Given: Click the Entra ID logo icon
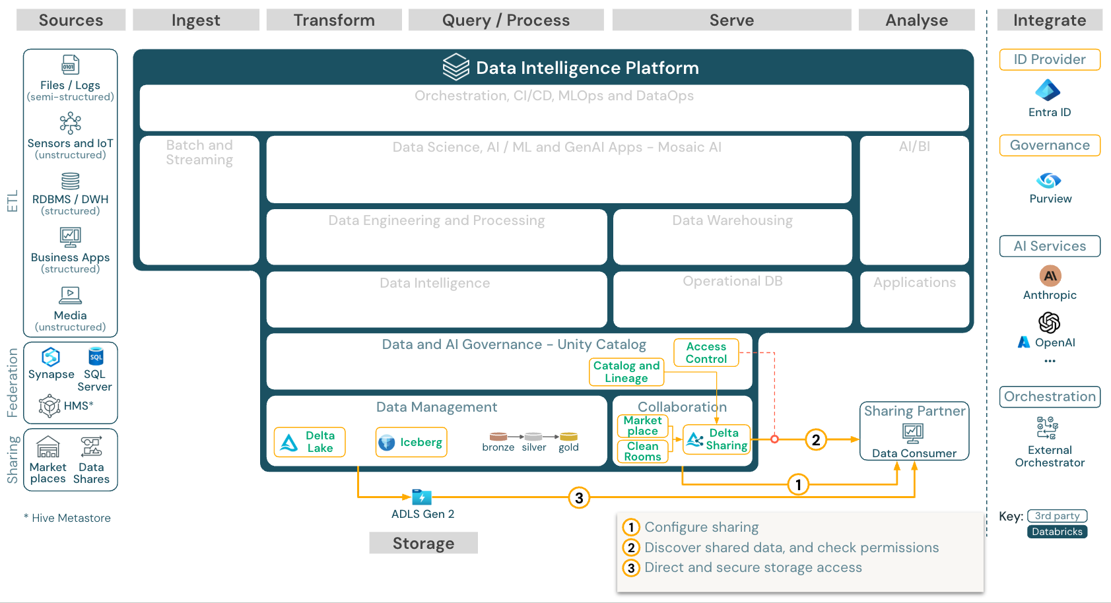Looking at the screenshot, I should coord(1048,90).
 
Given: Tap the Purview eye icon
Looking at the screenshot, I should coord(1048,180).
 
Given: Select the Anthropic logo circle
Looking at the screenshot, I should coord(1050,276).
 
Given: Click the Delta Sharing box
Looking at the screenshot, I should coord(717,439).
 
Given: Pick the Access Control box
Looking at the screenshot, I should coord(706,352).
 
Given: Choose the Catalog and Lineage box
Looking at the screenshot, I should coord(626,372).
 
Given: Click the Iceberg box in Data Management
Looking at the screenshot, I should coord(411,442).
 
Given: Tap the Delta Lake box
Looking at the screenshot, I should coord(310,442).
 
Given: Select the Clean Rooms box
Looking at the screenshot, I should coord(642,451).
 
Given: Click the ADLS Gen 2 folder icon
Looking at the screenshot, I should coord(421,497).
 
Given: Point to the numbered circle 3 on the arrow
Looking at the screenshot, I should coord(579,498).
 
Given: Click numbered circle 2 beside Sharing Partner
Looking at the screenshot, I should coord(816,440).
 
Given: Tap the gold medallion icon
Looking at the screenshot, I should coord(568,437).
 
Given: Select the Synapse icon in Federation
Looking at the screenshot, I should coord(51,357).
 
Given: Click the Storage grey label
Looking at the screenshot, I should coord(423,543).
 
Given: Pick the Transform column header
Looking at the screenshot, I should coord(334,20).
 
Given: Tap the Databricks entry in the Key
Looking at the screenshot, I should coord(1057,532).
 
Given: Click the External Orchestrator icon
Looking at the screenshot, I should coord(1048,428).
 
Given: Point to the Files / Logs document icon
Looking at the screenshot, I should coord(70,65).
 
